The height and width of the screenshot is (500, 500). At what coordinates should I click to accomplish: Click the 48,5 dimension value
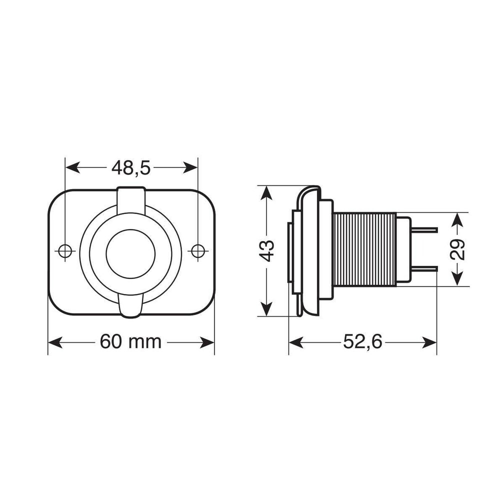(x=131, y=168)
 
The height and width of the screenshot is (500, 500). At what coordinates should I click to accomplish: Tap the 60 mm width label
(x=130, y=342)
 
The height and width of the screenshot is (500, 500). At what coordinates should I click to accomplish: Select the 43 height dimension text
(x=267, y=250)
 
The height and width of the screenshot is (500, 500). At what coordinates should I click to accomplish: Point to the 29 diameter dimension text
(x=457, y=249)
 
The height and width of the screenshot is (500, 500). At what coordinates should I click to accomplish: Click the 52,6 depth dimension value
(x=362, y=342)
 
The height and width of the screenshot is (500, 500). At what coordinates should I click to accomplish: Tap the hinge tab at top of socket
(x=131, y=200)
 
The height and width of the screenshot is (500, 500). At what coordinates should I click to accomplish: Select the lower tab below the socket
(x=131, y=305)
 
